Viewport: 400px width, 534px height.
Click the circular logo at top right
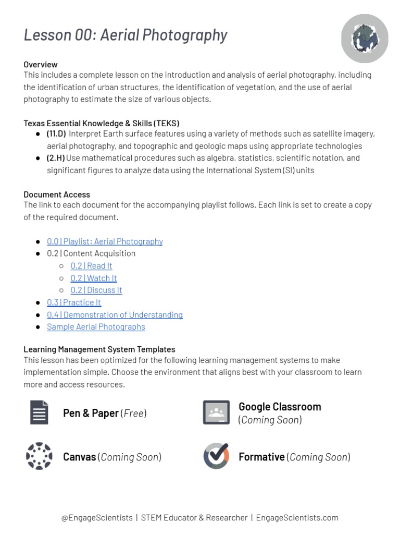pos(365,39)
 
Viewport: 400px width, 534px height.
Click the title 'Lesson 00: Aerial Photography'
pos(126,35)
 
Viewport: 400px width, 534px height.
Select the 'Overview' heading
pos(41,65)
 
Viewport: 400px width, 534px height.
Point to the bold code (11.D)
pos(56,133)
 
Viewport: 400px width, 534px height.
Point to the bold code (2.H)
pos(56,158)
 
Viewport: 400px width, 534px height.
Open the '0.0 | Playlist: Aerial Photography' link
pos(105,241)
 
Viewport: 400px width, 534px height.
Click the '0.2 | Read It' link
pos(91,266)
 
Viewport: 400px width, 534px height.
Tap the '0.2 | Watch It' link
pos(94,278)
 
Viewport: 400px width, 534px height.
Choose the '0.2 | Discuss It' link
pos(96,290)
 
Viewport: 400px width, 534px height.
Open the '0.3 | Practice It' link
pos(74,302)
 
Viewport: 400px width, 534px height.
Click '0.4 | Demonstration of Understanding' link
pos(115,315)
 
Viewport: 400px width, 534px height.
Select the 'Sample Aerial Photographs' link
pos(96,327)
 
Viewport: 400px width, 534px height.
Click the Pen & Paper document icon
pos(39,412)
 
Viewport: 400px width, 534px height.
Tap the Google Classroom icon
pos(216,412)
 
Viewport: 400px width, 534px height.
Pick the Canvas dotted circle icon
pos(39,456)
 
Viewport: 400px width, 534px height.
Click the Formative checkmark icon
pos(216,456)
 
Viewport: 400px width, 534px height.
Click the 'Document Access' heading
pos(57,195)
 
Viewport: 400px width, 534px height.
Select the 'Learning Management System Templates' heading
pos(99,349)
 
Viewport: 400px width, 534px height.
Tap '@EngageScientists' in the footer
pos(97,518)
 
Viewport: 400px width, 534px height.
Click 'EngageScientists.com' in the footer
pos(297,518)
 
